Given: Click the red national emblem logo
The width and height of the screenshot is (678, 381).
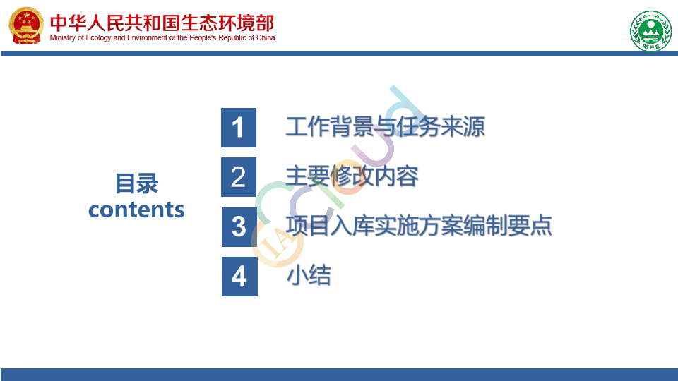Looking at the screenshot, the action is [x=26, y=25].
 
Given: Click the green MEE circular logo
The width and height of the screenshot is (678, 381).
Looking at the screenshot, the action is [x=650, y=30].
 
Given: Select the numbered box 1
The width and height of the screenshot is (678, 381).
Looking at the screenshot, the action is [x=239, y=128].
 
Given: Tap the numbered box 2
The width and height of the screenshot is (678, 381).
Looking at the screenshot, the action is [x=239, y=177].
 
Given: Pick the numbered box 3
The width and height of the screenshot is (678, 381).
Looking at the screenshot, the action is [x=239, y=227].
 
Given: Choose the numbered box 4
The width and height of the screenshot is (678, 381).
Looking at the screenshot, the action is [x=239, y=277].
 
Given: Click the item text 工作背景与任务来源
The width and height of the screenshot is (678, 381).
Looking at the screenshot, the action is [x=386, y=127].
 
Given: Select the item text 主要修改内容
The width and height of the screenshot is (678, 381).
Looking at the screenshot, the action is [x=352, y=176].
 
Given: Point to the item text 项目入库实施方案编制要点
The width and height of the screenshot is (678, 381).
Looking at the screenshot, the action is [x=419, y=226].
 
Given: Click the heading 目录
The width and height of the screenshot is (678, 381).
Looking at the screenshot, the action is [x=136, y=183].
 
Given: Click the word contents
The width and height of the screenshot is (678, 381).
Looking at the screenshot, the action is [x=136, y=210].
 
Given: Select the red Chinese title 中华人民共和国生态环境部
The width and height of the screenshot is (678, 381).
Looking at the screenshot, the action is [x=162, y=23].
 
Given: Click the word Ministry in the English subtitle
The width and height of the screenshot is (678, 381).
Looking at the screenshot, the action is [x=63, y=38].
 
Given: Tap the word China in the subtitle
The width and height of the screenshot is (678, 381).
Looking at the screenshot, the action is [x=266, y=37].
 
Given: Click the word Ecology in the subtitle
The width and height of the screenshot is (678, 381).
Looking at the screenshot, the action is [x=99, y=38].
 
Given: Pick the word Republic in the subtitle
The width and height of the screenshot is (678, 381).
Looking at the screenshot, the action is [x=232, y=38].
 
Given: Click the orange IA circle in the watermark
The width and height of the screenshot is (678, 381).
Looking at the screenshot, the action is [x=277, y=243].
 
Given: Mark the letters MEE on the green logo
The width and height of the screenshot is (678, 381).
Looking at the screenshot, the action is [x=650, y=47].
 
